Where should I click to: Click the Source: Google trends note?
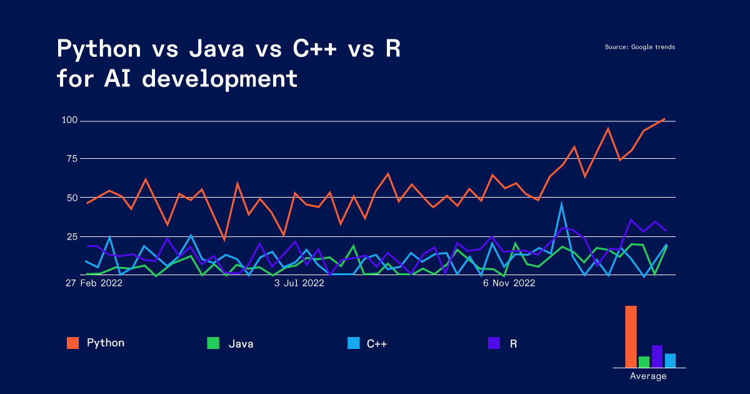click(639, 47)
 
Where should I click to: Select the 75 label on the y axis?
click(72, 159)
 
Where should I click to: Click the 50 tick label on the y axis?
click(72, 198)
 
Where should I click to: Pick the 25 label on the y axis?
click(72, 236)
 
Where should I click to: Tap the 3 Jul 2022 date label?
click(299, 283)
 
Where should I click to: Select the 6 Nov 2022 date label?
click(509, 283)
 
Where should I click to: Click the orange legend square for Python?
click(72, 343)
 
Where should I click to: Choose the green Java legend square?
click(213, 343)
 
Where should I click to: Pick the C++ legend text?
click(377, 343)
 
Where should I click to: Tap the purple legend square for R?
click(494, 343)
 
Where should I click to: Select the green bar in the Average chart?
click(644, 361)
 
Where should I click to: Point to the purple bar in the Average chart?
click(657, 356)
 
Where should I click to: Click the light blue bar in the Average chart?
click(670, 360)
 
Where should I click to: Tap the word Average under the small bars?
click(648, 376)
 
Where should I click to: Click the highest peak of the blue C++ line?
click(561, 204)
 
